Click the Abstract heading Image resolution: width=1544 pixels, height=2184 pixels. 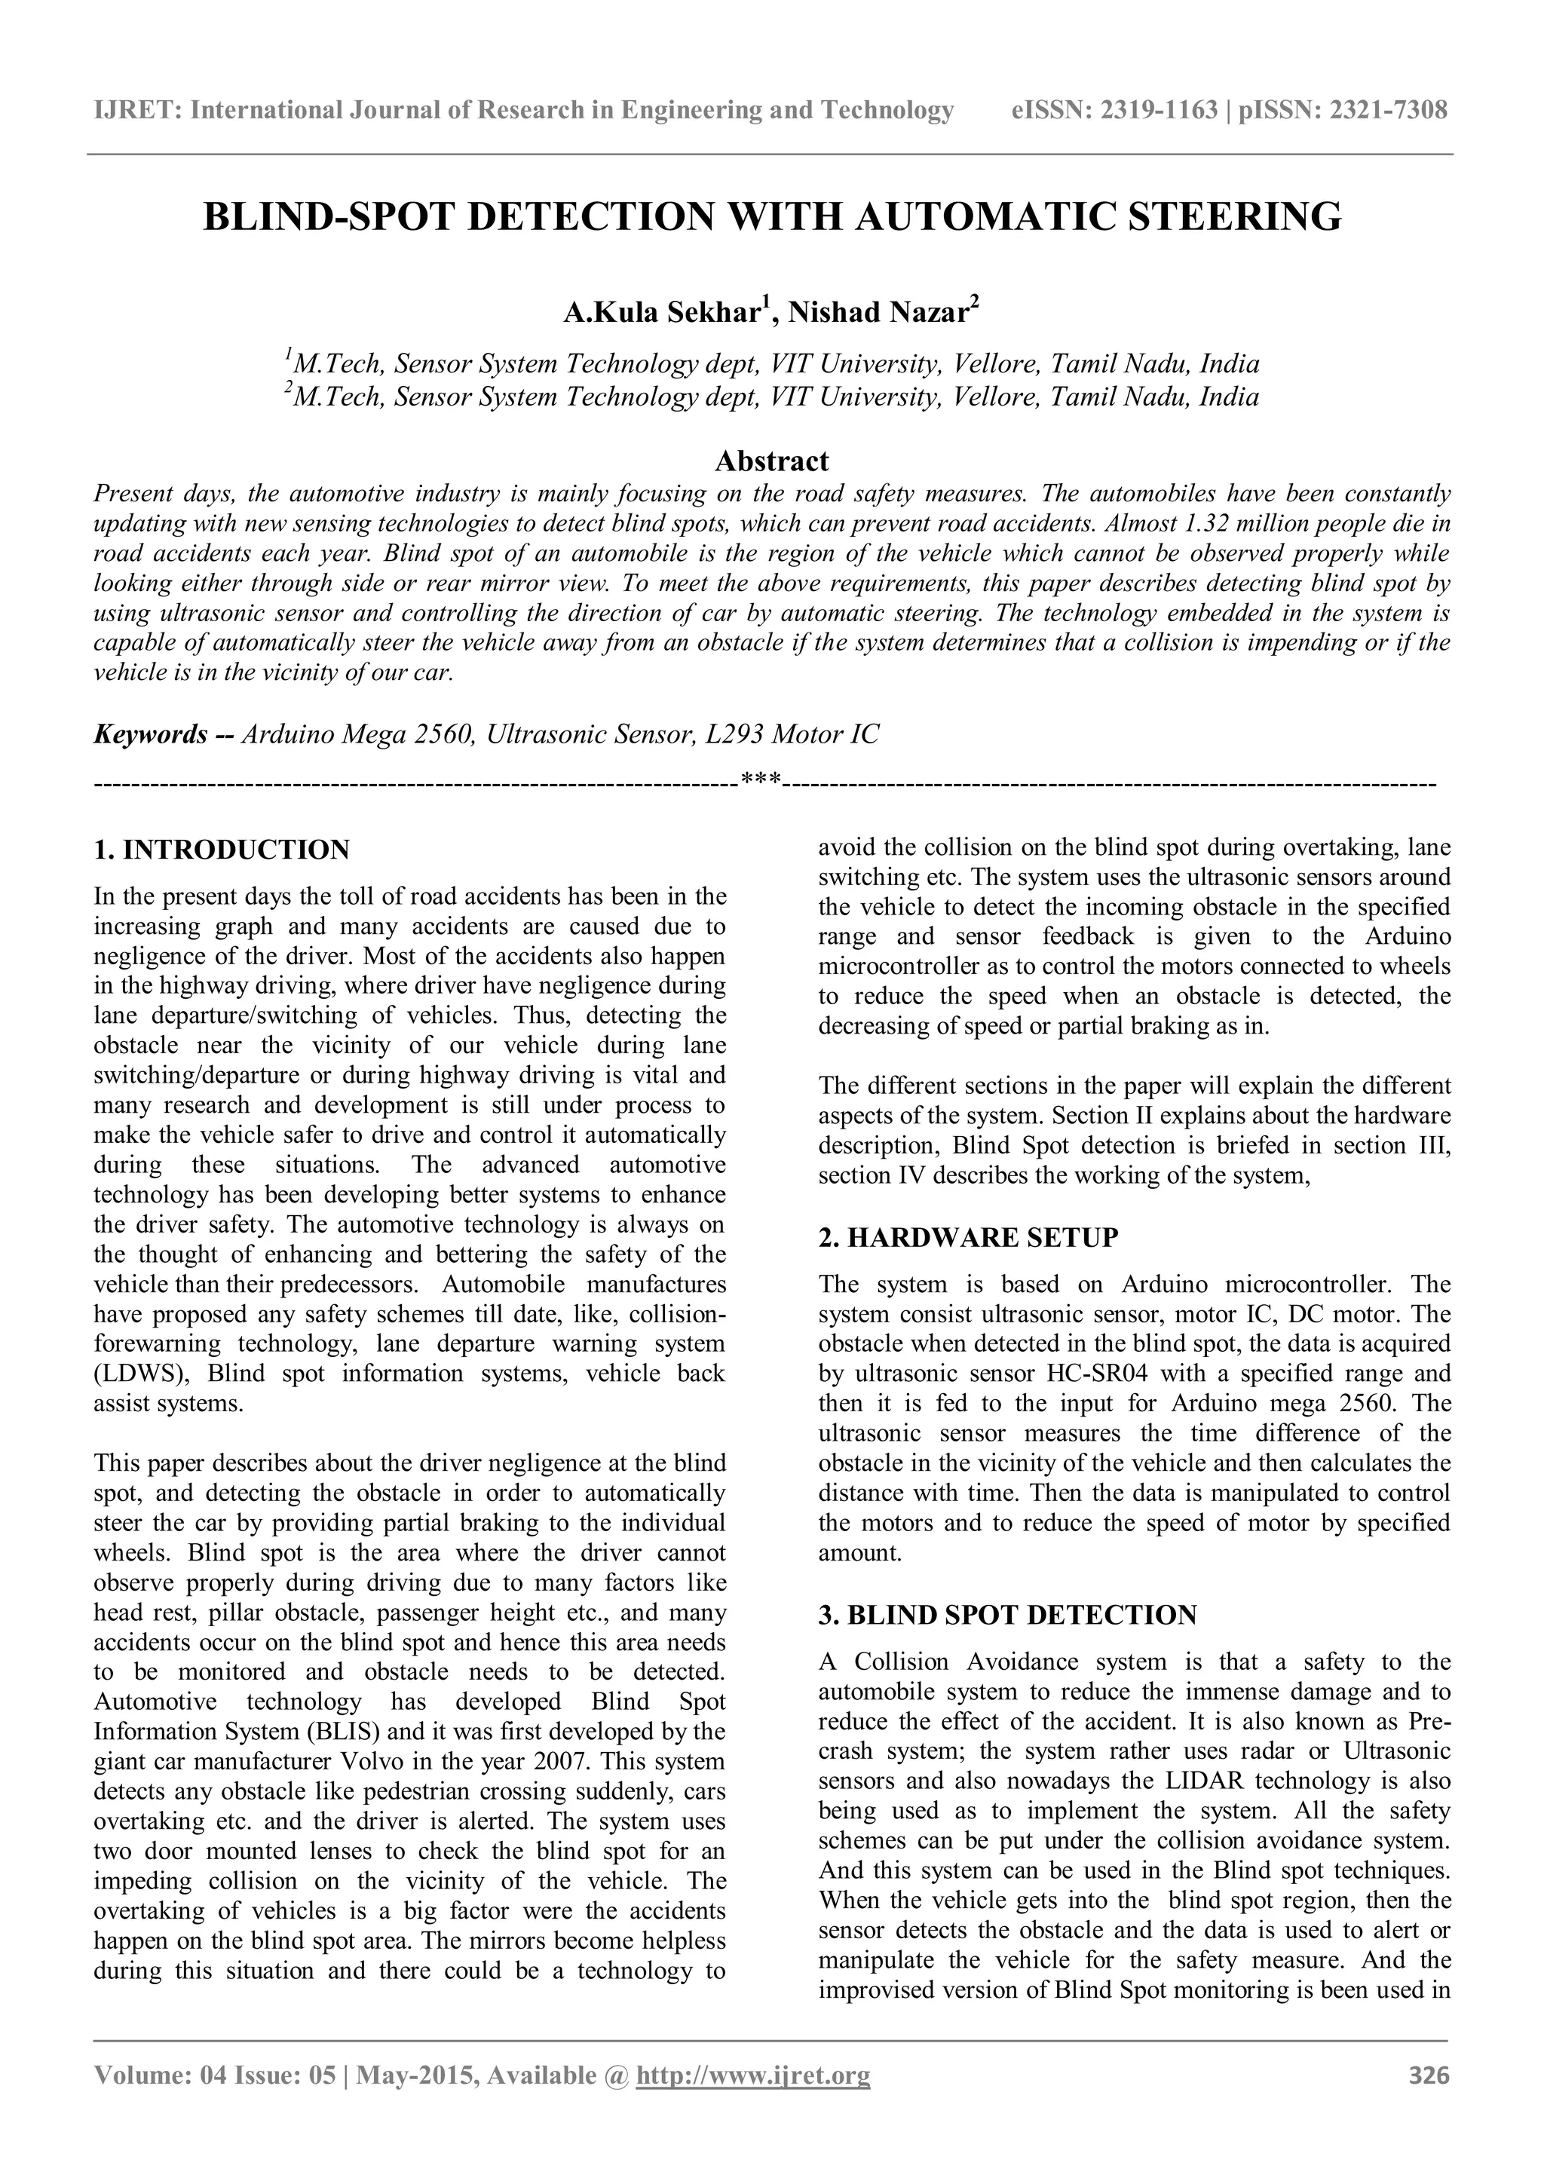(x=771, y=461)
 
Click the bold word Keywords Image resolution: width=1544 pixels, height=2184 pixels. (x=150, y=734)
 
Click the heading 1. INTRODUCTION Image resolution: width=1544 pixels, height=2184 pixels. (x=222, y=850)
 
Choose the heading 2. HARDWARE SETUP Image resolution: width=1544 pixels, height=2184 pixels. (x=969, y=1238)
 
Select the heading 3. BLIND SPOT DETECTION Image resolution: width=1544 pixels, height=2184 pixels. (x=1007, y=1615)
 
